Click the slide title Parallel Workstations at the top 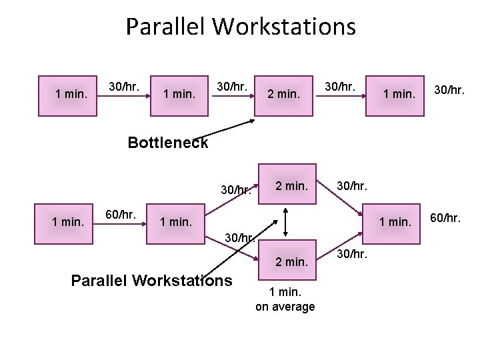point(241,27)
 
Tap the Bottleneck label point(167,143)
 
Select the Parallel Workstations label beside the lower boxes point(151,280)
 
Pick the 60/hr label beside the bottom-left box point(121,215)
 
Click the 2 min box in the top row point(283,94)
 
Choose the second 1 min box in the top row point(179,94)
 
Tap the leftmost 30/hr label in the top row point(124,86)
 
